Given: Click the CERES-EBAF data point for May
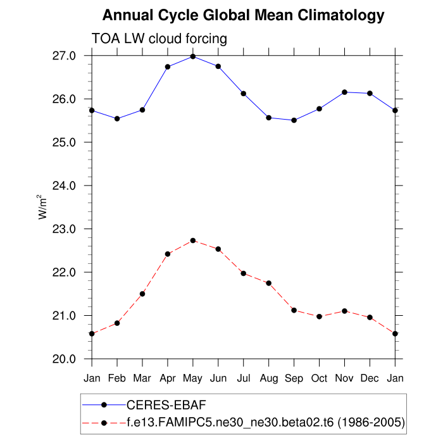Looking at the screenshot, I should pyautogui.click(x=193, y=56).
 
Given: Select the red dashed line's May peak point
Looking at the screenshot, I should pyautogui.click(x=193, y=240).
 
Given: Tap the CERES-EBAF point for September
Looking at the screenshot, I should pyautogui.click(x=294, y=120).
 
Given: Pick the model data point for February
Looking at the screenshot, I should pyautogui.click(x=117, y=323).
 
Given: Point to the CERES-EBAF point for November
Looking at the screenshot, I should pyautogui.click(x=345, y=92).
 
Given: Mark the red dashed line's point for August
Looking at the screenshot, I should pyautogui.click(x=269, y=283).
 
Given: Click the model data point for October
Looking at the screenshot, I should pyautogui.click(x=320, y=316).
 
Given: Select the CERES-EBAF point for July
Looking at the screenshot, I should pyautogui.click(x=244, y=94).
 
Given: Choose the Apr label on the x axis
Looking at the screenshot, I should pyautogui.click(x=168, y=379).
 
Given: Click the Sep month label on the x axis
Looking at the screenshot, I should pyautogui.click(x=294, y=379).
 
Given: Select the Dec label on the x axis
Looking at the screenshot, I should pyautogui.click(x=370, y=379).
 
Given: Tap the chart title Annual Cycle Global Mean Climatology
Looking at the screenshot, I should pyautogui.click(x=243, y=15).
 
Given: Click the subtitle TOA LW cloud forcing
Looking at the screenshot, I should pyautogui.click(x=159, y=39).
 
